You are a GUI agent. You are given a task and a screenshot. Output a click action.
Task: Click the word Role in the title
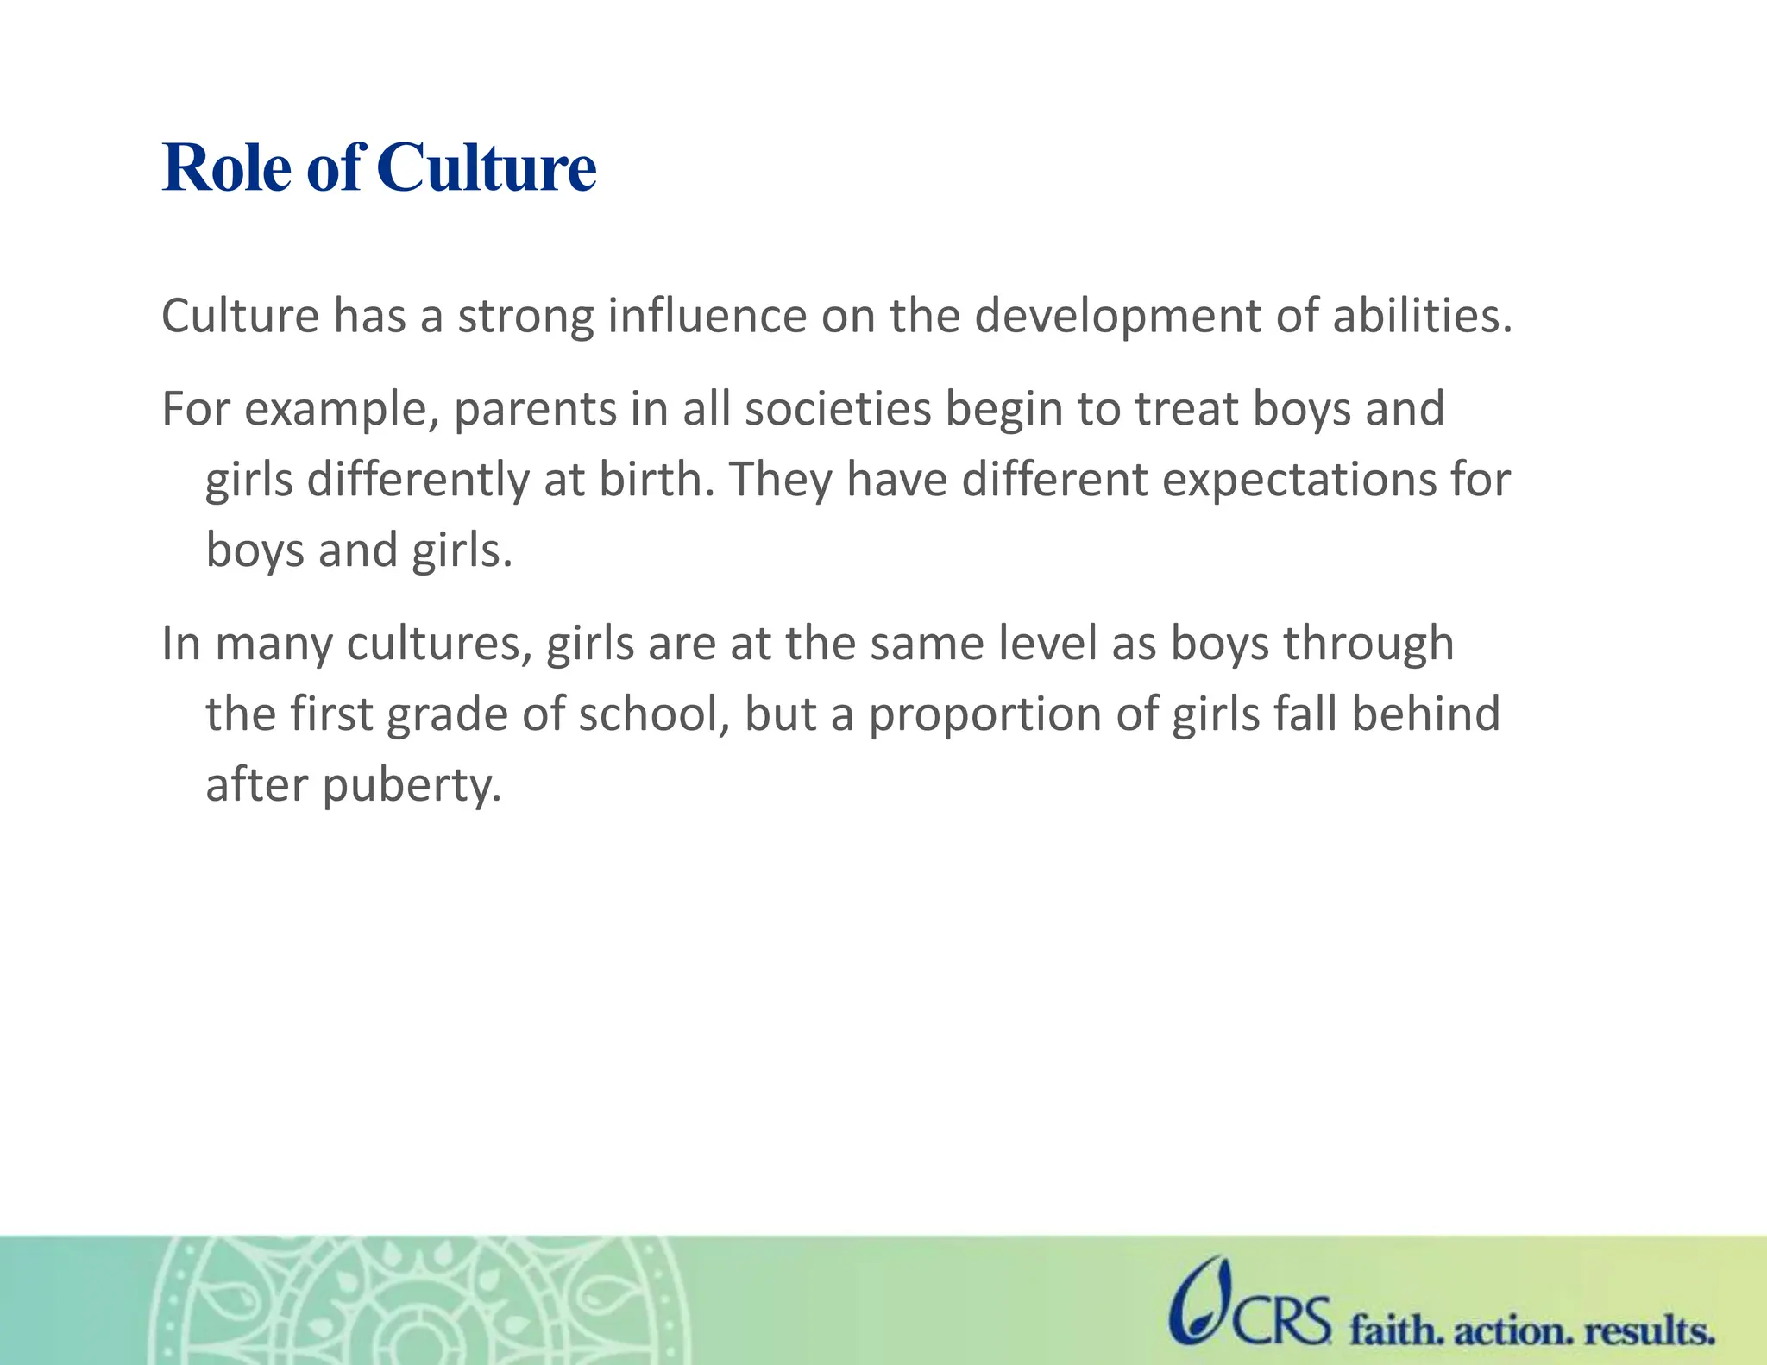(227, 167)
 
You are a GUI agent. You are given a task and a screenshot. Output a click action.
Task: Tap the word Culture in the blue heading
(486, 167)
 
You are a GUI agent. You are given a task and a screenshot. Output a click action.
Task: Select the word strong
(525, 316)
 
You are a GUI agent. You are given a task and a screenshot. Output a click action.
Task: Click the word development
(1117, 316)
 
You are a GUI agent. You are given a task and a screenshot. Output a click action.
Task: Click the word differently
(418, 480)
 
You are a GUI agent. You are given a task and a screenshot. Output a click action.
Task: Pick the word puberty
(412, 786)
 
